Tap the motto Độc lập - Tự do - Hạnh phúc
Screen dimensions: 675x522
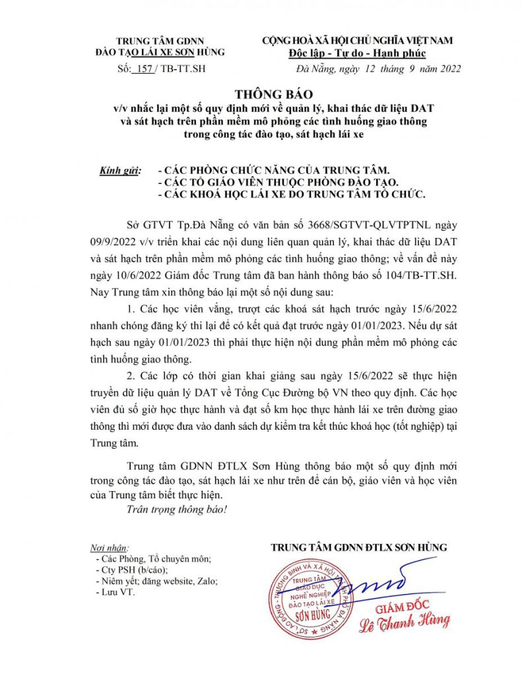(358, 53)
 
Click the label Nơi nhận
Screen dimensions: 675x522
(110, 548)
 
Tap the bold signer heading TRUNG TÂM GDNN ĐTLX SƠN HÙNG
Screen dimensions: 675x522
(359, 548)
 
